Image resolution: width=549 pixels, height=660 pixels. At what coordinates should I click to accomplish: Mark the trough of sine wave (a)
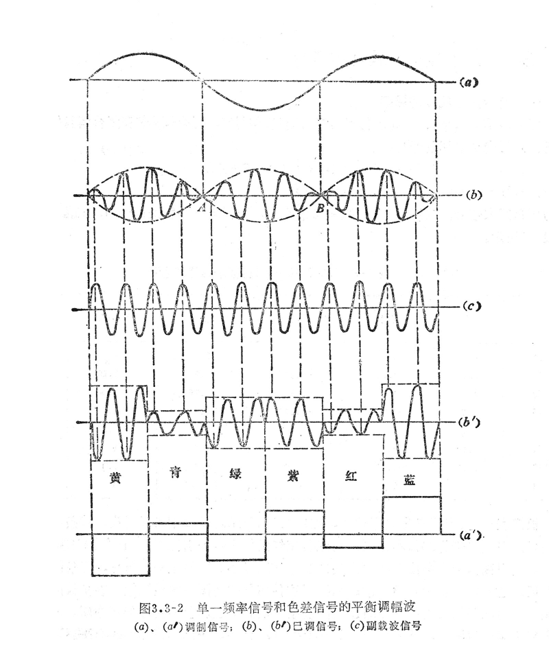261,108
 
